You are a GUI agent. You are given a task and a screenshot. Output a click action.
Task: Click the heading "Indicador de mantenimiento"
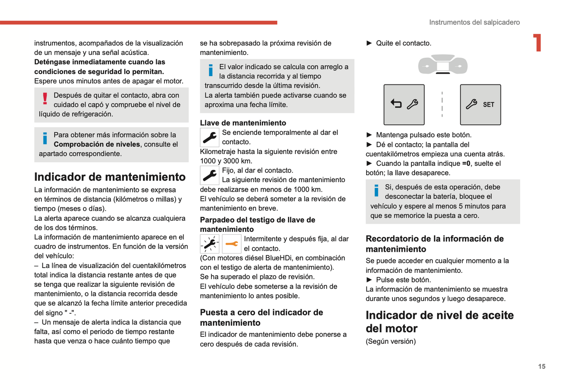110,177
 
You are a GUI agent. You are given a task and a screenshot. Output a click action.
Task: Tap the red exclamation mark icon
45,98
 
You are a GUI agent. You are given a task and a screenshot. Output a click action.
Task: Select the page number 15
542,366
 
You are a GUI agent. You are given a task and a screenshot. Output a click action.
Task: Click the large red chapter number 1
537,43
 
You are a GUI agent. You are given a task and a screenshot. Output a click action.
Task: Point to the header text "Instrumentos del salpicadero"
474,22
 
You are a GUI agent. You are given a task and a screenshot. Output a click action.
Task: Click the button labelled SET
480,105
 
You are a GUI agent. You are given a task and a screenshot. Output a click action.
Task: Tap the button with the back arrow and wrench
404,105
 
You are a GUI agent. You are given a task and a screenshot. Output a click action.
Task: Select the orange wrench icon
232,244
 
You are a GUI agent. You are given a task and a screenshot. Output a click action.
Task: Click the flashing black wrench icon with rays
210,244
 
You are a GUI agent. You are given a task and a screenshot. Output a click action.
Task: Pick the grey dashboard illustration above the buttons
442,64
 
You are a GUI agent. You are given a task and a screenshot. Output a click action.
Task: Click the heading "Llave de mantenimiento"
243,123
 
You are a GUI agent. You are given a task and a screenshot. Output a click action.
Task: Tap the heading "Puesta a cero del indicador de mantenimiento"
261,317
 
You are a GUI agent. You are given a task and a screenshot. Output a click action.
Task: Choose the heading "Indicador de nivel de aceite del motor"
439,321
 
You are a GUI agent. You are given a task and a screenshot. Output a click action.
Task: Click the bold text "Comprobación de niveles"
97,144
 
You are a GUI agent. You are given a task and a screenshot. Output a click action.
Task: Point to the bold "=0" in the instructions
466,163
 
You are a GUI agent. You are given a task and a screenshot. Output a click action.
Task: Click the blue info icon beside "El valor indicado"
211,70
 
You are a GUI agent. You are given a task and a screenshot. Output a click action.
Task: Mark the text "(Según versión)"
390,341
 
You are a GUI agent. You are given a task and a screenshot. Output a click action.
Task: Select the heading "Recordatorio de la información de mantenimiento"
435,244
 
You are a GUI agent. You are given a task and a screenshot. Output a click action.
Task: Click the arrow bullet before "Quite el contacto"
369,43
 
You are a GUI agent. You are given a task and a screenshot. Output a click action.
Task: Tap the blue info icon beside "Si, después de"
376,191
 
